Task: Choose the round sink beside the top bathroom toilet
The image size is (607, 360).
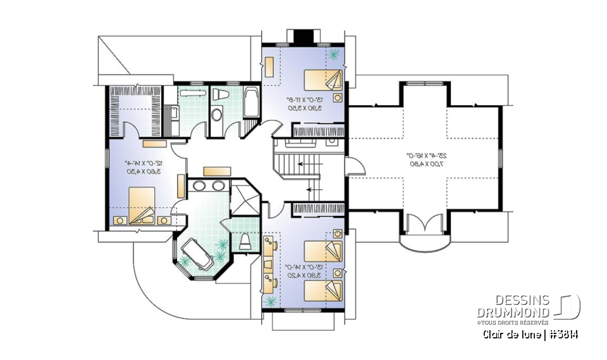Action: [x=216, y=116]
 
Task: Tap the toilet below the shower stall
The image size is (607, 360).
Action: [x=245, y=241]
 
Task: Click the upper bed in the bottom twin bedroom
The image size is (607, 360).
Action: [x=323, y=250]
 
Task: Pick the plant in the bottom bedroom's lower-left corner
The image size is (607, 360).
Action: [x=271, y=301]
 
